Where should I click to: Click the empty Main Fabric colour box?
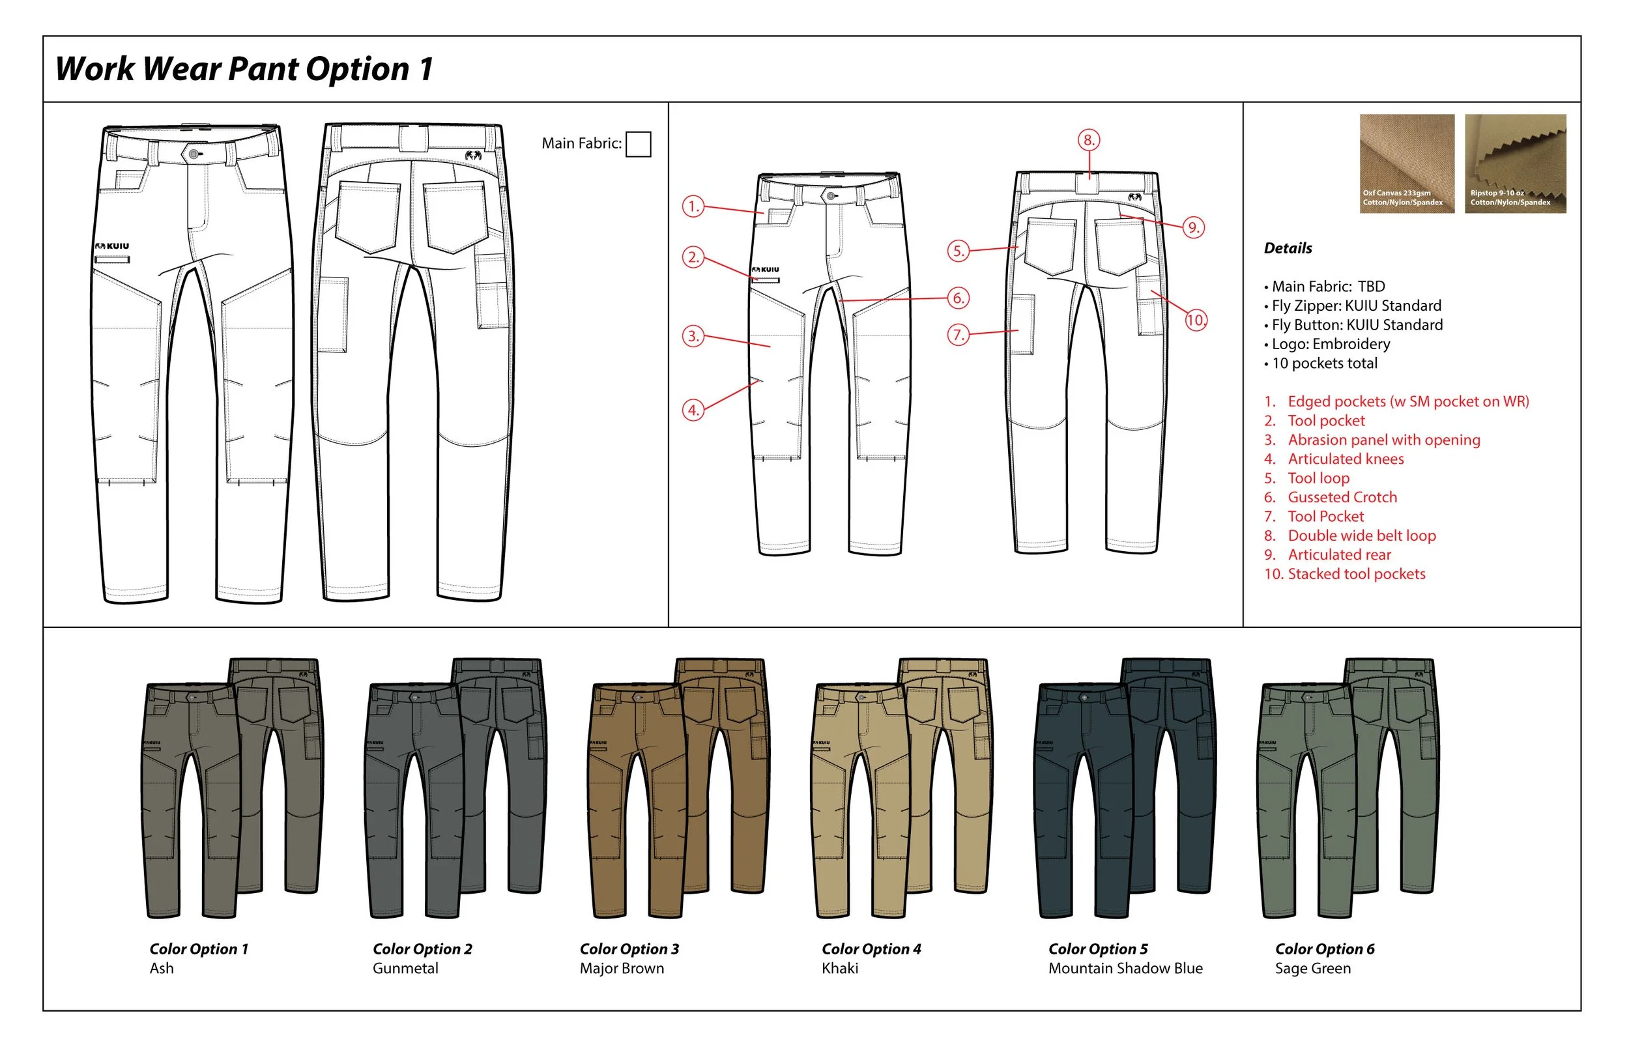[x=638, y=145]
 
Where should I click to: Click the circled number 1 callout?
[x=693, y=206]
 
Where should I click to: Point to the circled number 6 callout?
[x=959, y=298]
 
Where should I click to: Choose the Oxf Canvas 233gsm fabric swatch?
[x=1407, y=164]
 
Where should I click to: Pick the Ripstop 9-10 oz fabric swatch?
[x=1515, y=164]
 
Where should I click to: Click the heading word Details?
[x=1288, y=248]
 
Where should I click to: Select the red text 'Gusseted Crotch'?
[x=1342, y=498]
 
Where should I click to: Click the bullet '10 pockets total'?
[x=1324, y=363]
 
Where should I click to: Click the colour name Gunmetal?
[x=405, y=969]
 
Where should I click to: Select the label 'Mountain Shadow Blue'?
[x=1125, y=969]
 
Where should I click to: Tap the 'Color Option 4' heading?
[x=871, y=949]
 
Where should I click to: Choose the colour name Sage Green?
[x=1312, y=969]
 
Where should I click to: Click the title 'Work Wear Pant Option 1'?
[x=244, y=69]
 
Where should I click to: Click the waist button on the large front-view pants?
[x=194, y=154]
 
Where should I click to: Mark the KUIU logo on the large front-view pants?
[x=112, y=246]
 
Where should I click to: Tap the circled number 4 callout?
[x=693, y=410]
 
